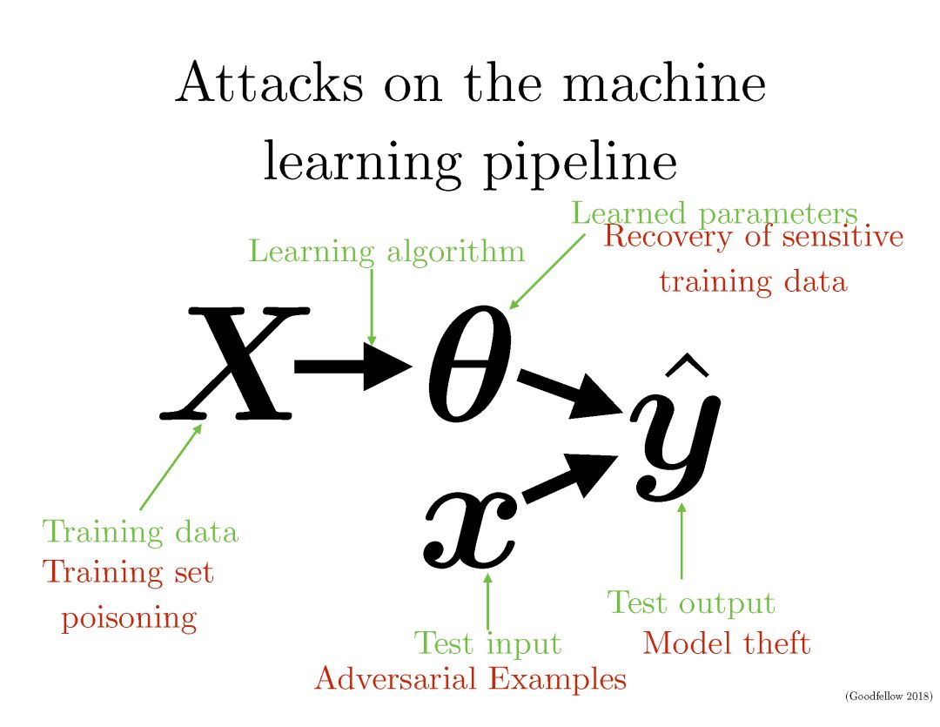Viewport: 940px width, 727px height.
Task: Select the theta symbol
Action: point(470,366)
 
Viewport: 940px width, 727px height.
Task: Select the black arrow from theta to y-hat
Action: point(570,392)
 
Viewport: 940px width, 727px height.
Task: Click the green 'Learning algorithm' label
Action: point(386,252)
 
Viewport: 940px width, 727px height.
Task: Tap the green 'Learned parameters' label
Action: point(714,213)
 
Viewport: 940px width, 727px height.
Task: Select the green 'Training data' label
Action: point(140,531)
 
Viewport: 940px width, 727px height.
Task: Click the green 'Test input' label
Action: point(487,643)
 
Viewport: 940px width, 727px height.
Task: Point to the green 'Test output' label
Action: point(690,602)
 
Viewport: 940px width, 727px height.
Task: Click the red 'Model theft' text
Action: point(727,643)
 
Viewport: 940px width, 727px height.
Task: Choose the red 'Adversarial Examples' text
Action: point(470,678)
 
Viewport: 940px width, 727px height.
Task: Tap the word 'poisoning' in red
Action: point(129,619)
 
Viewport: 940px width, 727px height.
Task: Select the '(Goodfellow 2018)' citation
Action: point(888,697)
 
